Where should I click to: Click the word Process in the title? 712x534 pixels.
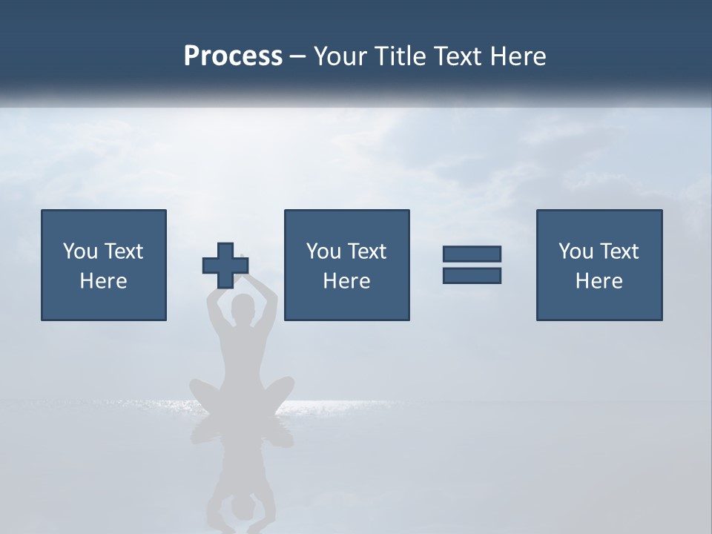point(233,56)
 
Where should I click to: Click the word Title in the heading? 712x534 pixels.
point(399,56)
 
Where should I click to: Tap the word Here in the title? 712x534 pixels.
point(518,56)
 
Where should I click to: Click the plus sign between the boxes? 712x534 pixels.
point(225,266)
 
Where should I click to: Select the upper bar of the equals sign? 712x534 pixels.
point(472,254)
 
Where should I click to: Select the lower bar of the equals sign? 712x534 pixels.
point(472,275)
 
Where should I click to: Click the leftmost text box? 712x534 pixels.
point(104,265)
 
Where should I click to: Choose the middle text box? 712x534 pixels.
point(346,265)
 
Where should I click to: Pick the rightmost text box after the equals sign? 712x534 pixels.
point(599,265)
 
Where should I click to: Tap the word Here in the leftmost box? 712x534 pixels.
point(103,281)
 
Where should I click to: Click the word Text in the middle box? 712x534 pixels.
point(366,251)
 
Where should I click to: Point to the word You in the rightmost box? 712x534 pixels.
point(576,251)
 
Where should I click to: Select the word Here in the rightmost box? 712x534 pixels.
point(599,281)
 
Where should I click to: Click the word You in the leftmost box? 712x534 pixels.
point(80,251)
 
